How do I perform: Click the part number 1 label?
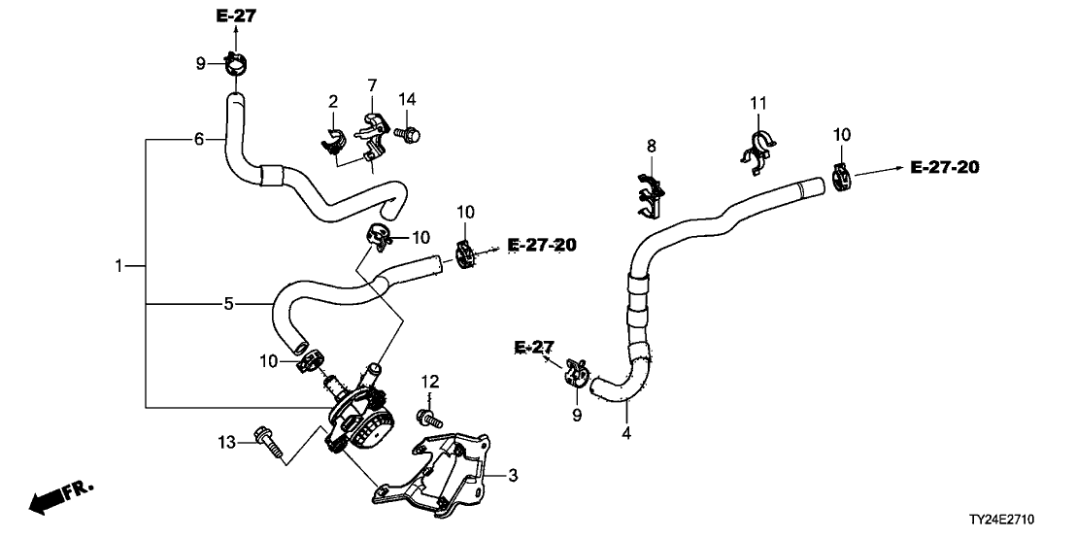118,266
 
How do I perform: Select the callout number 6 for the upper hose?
199,140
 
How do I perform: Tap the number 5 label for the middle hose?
228,304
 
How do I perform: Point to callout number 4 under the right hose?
625,433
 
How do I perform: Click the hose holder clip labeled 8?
651,193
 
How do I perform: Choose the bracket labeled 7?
371,131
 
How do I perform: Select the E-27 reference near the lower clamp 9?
533,348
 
